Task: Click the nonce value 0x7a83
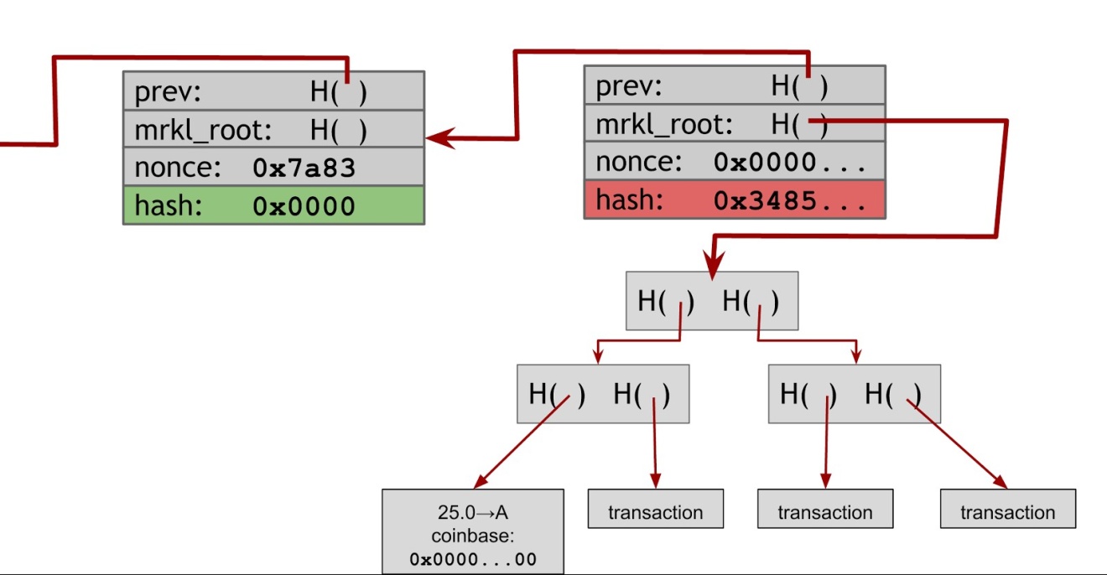click(x=304, y=168)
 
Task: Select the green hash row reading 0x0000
click(x=273, y=205)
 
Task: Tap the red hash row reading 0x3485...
click(x=734, y=200)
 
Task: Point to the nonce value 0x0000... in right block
click(x=789, y=163)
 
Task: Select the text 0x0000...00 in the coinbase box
click(x=473, y=558)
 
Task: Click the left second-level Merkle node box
click(x=602, y=394)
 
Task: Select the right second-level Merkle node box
click(x=854, y=394)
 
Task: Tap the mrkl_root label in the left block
click(x=203, y=131)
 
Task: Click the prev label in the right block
click(x=629, y=86)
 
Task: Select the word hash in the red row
click(x=629, y=200)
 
